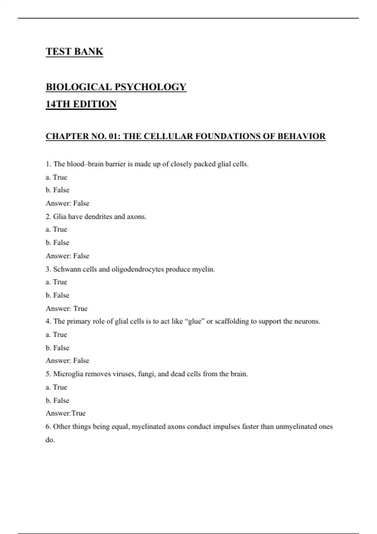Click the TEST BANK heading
74,52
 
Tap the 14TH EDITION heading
81,104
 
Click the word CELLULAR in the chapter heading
168,136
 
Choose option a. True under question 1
57,177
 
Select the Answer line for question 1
68,203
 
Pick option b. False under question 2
57,242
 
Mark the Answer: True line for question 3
67,308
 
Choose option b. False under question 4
57,348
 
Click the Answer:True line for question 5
66,413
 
